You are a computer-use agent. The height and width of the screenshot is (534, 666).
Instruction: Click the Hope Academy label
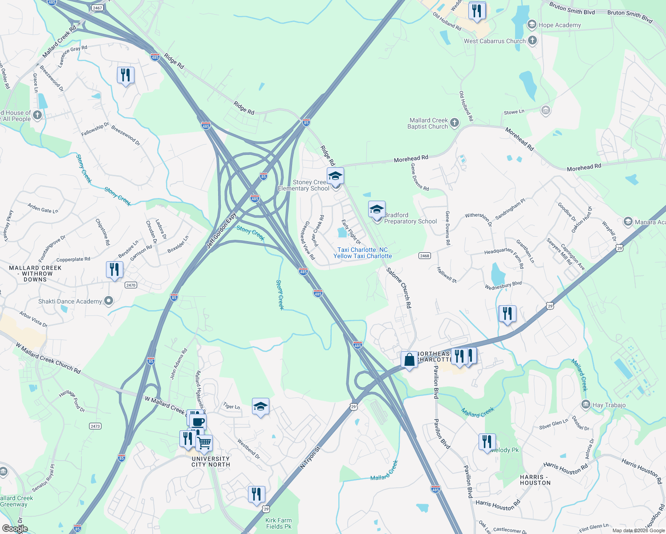(x=559, y=25)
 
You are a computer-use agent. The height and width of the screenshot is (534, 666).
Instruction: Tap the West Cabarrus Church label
(x=495, y=41)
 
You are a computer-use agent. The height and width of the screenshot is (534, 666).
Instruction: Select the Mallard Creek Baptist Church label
(x=428, y=123)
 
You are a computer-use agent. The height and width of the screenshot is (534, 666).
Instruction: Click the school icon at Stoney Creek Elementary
(x=335, y=176)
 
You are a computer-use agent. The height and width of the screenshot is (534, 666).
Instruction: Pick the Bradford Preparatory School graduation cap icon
(x=377, y=209)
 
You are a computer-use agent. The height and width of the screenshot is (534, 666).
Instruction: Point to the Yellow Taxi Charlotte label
(x=362, y=256)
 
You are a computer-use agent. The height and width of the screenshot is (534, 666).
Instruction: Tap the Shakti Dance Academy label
(x=70, y=301)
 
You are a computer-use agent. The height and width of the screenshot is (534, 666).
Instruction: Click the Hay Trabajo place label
(x=609, y=405)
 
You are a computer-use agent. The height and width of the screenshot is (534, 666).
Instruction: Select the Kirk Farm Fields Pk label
(x=279, y=523)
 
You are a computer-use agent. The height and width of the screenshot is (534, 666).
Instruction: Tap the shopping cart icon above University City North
(x=204, y=443)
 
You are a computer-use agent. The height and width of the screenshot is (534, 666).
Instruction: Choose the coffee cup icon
(x=198, y=421)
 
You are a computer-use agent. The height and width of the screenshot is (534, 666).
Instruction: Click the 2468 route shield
(x=425, y=255)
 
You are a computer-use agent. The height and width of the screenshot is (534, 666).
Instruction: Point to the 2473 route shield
(x=95, y=426)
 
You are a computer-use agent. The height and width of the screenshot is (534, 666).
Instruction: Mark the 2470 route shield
(x=130, y=285)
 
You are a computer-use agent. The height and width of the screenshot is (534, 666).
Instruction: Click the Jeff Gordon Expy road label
(x=221, y=231)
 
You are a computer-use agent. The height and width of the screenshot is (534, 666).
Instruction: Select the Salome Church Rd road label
(x=399, y=288)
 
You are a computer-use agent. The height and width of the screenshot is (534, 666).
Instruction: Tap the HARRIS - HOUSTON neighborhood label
(x=535, y=480)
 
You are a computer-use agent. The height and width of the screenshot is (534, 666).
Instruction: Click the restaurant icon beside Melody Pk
(x=487, y=441)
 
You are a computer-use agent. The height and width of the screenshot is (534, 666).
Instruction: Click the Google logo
(x=15, y=529)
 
